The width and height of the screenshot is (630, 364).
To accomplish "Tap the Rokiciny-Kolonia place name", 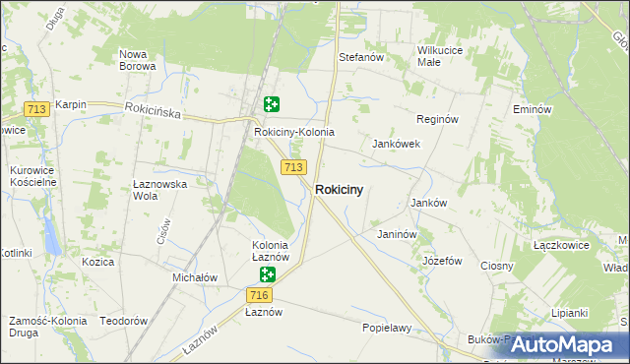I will click(294, 132).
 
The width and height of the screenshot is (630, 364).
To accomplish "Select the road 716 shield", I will click(260, 295).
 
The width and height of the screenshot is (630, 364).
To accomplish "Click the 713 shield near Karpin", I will click(37, 109).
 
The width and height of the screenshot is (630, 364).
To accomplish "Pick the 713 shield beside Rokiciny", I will click(291, 167).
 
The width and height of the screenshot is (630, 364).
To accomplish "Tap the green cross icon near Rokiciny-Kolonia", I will click(272, 104).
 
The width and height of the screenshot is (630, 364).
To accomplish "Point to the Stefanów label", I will click(360, 58).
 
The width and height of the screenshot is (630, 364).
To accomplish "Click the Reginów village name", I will click(438, 119).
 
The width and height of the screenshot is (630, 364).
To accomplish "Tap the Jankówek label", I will click(396, 144).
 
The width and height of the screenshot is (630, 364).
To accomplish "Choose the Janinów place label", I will click(398, 235).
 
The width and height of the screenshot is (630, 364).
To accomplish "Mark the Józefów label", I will click(442, 261).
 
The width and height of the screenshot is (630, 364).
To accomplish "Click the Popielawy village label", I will click(386, 327).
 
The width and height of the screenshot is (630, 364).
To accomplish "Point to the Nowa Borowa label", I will click(137, 60).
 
